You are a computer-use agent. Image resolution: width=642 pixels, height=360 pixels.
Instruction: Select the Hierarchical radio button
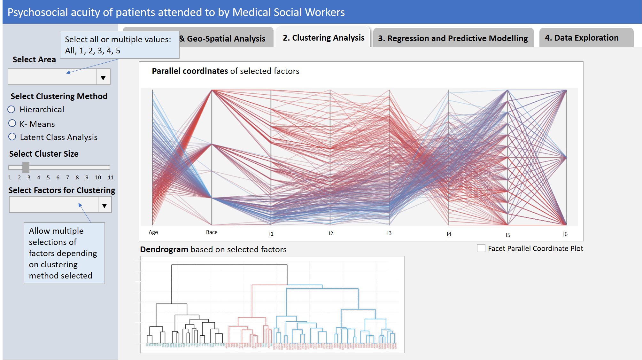click(x=12, y=110)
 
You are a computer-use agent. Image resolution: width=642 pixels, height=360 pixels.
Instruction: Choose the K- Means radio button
click(x=12, y=123)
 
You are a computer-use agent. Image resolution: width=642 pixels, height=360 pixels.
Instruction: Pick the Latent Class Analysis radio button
click(x=12, y=137)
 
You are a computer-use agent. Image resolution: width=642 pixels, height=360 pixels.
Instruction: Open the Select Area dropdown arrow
click(x=103, y=77)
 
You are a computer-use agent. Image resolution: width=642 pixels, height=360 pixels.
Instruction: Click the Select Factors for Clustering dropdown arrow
click(x=104, y=205)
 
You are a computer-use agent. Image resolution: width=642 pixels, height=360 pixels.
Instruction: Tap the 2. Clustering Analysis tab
click(x=323, y=38)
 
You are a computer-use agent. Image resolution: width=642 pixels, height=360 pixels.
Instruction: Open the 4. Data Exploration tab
click(x=582, y=38)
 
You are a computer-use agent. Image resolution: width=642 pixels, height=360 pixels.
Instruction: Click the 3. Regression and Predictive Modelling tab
click(x=453, y=38)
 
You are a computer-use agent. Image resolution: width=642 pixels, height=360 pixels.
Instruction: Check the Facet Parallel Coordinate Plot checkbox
click(x=481, y=248)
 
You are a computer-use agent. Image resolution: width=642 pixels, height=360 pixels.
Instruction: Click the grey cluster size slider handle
click(x=26, y=167)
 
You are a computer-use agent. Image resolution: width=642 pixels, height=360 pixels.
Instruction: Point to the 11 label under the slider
click(x=111, y=177)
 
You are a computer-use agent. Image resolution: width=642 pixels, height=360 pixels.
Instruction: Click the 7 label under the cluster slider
click(x=67, y=177)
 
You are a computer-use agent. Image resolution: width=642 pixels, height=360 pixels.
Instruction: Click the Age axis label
click(x=153, y=232)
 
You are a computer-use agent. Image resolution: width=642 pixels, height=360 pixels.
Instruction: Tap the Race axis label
click(x=212, y=232)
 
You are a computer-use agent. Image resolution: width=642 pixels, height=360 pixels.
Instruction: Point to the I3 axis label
click(x=389, y=233)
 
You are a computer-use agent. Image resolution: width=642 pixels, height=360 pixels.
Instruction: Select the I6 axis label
click(x=565, y=234)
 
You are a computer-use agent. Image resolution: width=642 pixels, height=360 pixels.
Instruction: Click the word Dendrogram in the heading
click(x=164, y=249)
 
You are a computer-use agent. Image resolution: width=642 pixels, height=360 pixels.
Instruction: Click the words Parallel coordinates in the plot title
click(x=190, y=71)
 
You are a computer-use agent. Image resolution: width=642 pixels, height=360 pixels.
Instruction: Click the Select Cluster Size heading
click(x=44, y=154)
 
